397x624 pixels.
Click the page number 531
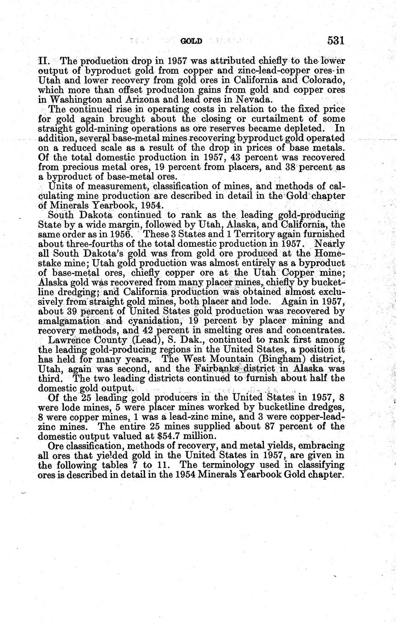[x=336, y=41]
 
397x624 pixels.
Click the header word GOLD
[x=191, y=41]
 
